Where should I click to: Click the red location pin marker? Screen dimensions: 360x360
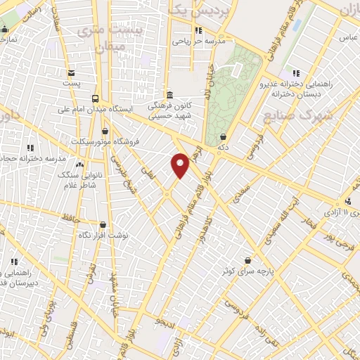[x=181, y=165]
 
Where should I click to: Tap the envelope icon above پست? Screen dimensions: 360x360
[x=71, y=73]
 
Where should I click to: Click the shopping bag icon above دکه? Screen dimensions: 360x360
[x=224, y=136]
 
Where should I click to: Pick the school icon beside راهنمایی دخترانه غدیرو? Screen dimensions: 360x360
[x=295, y=72]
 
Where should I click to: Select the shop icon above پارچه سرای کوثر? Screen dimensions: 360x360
[x=247, y=259]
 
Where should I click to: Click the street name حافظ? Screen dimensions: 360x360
[x=68, y=219]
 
